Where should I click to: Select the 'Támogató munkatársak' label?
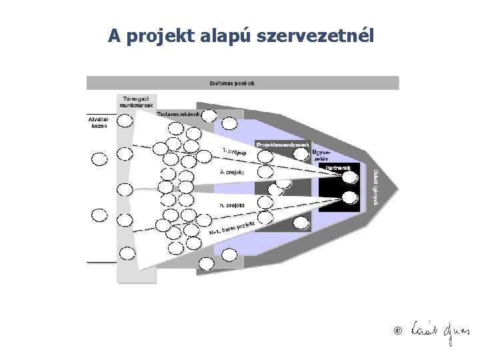(135, 101)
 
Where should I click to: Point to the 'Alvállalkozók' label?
(100, 123)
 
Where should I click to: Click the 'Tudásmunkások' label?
(179, 113)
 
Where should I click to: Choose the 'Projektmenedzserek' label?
(283, 144)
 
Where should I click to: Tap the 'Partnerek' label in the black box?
(339, 168)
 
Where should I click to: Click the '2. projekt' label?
(232, 172)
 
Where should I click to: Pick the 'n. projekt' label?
(231, 206)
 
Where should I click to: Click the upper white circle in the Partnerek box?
(349, 178)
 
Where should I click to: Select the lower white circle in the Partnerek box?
(349, 197)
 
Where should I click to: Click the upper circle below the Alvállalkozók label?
(99, 159)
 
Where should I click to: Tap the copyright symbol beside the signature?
(398, 331)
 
